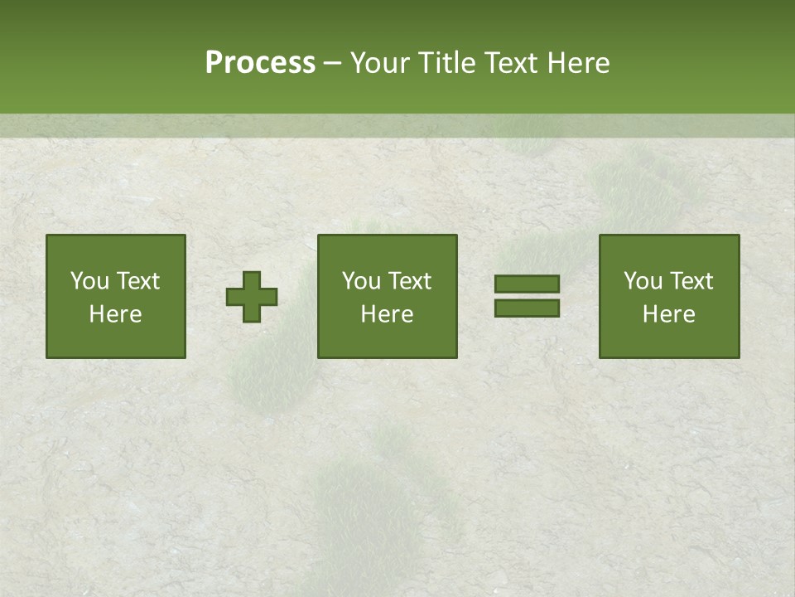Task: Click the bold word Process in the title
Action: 260,63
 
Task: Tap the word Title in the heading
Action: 446,63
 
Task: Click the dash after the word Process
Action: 332,64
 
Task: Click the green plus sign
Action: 252,297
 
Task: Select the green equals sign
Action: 527,296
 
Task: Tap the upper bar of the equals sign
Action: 527,284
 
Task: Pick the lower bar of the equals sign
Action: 527,308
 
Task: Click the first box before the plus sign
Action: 116,297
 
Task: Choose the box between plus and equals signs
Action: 387,297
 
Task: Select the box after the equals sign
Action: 669,297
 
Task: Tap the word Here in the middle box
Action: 387,314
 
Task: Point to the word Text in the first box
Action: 137,281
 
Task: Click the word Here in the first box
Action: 116,314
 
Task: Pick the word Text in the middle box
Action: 409,281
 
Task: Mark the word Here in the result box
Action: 669,314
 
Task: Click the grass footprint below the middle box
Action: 364,506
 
